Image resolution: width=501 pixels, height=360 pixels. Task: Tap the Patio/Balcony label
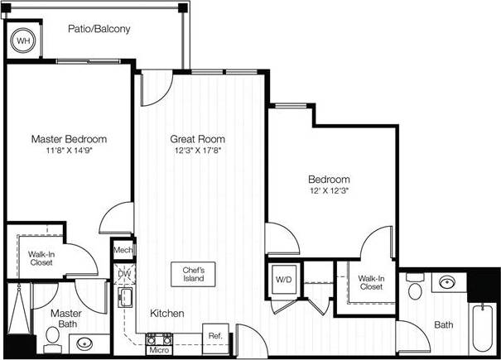[99, 29]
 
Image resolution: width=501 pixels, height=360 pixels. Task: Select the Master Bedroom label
[69, 139]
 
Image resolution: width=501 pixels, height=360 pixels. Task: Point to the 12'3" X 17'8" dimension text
[197, 151]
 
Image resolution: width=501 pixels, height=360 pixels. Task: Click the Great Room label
[197, 139]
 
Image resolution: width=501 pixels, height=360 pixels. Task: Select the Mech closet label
[123, 250]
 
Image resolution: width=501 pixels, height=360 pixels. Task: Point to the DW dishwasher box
[124, 272]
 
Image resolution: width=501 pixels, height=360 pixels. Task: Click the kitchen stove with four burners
[158, 338]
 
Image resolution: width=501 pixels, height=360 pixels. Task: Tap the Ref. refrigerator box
[214, 336]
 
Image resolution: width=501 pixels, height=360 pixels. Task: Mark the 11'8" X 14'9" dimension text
[69, 151]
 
